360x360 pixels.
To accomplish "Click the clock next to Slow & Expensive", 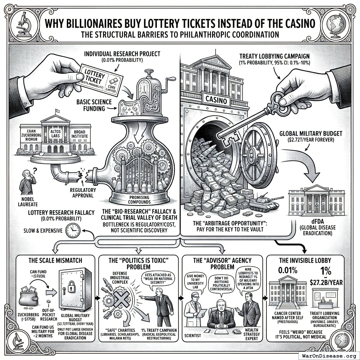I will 73,231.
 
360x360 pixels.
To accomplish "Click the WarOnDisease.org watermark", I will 328,355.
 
